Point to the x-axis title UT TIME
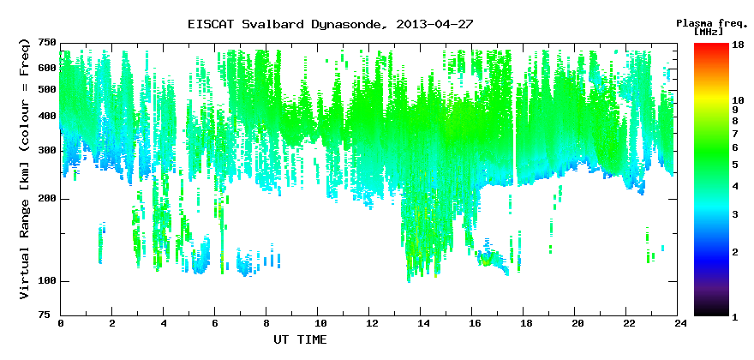[x=300, y=339]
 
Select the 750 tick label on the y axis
[x=45, y=43]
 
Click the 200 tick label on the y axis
[x=45, y=199]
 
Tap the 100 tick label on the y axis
[x=45, y=281]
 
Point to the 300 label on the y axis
[x=45, y=151]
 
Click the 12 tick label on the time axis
[x=368, y=323]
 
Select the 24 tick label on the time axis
[x=677, y=323]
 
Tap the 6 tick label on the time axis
[x=214, y=323]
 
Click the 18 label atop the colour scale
[x=738, y=46]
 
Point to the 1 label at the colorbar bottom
[x=734, y=318]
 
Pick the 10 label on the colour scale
[x=738, y=100]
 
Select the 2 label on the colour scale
[x=734, y=252]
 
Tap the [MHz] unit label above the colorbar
[x=709, y=32]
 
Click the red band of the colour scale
[x=711, y=53]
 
